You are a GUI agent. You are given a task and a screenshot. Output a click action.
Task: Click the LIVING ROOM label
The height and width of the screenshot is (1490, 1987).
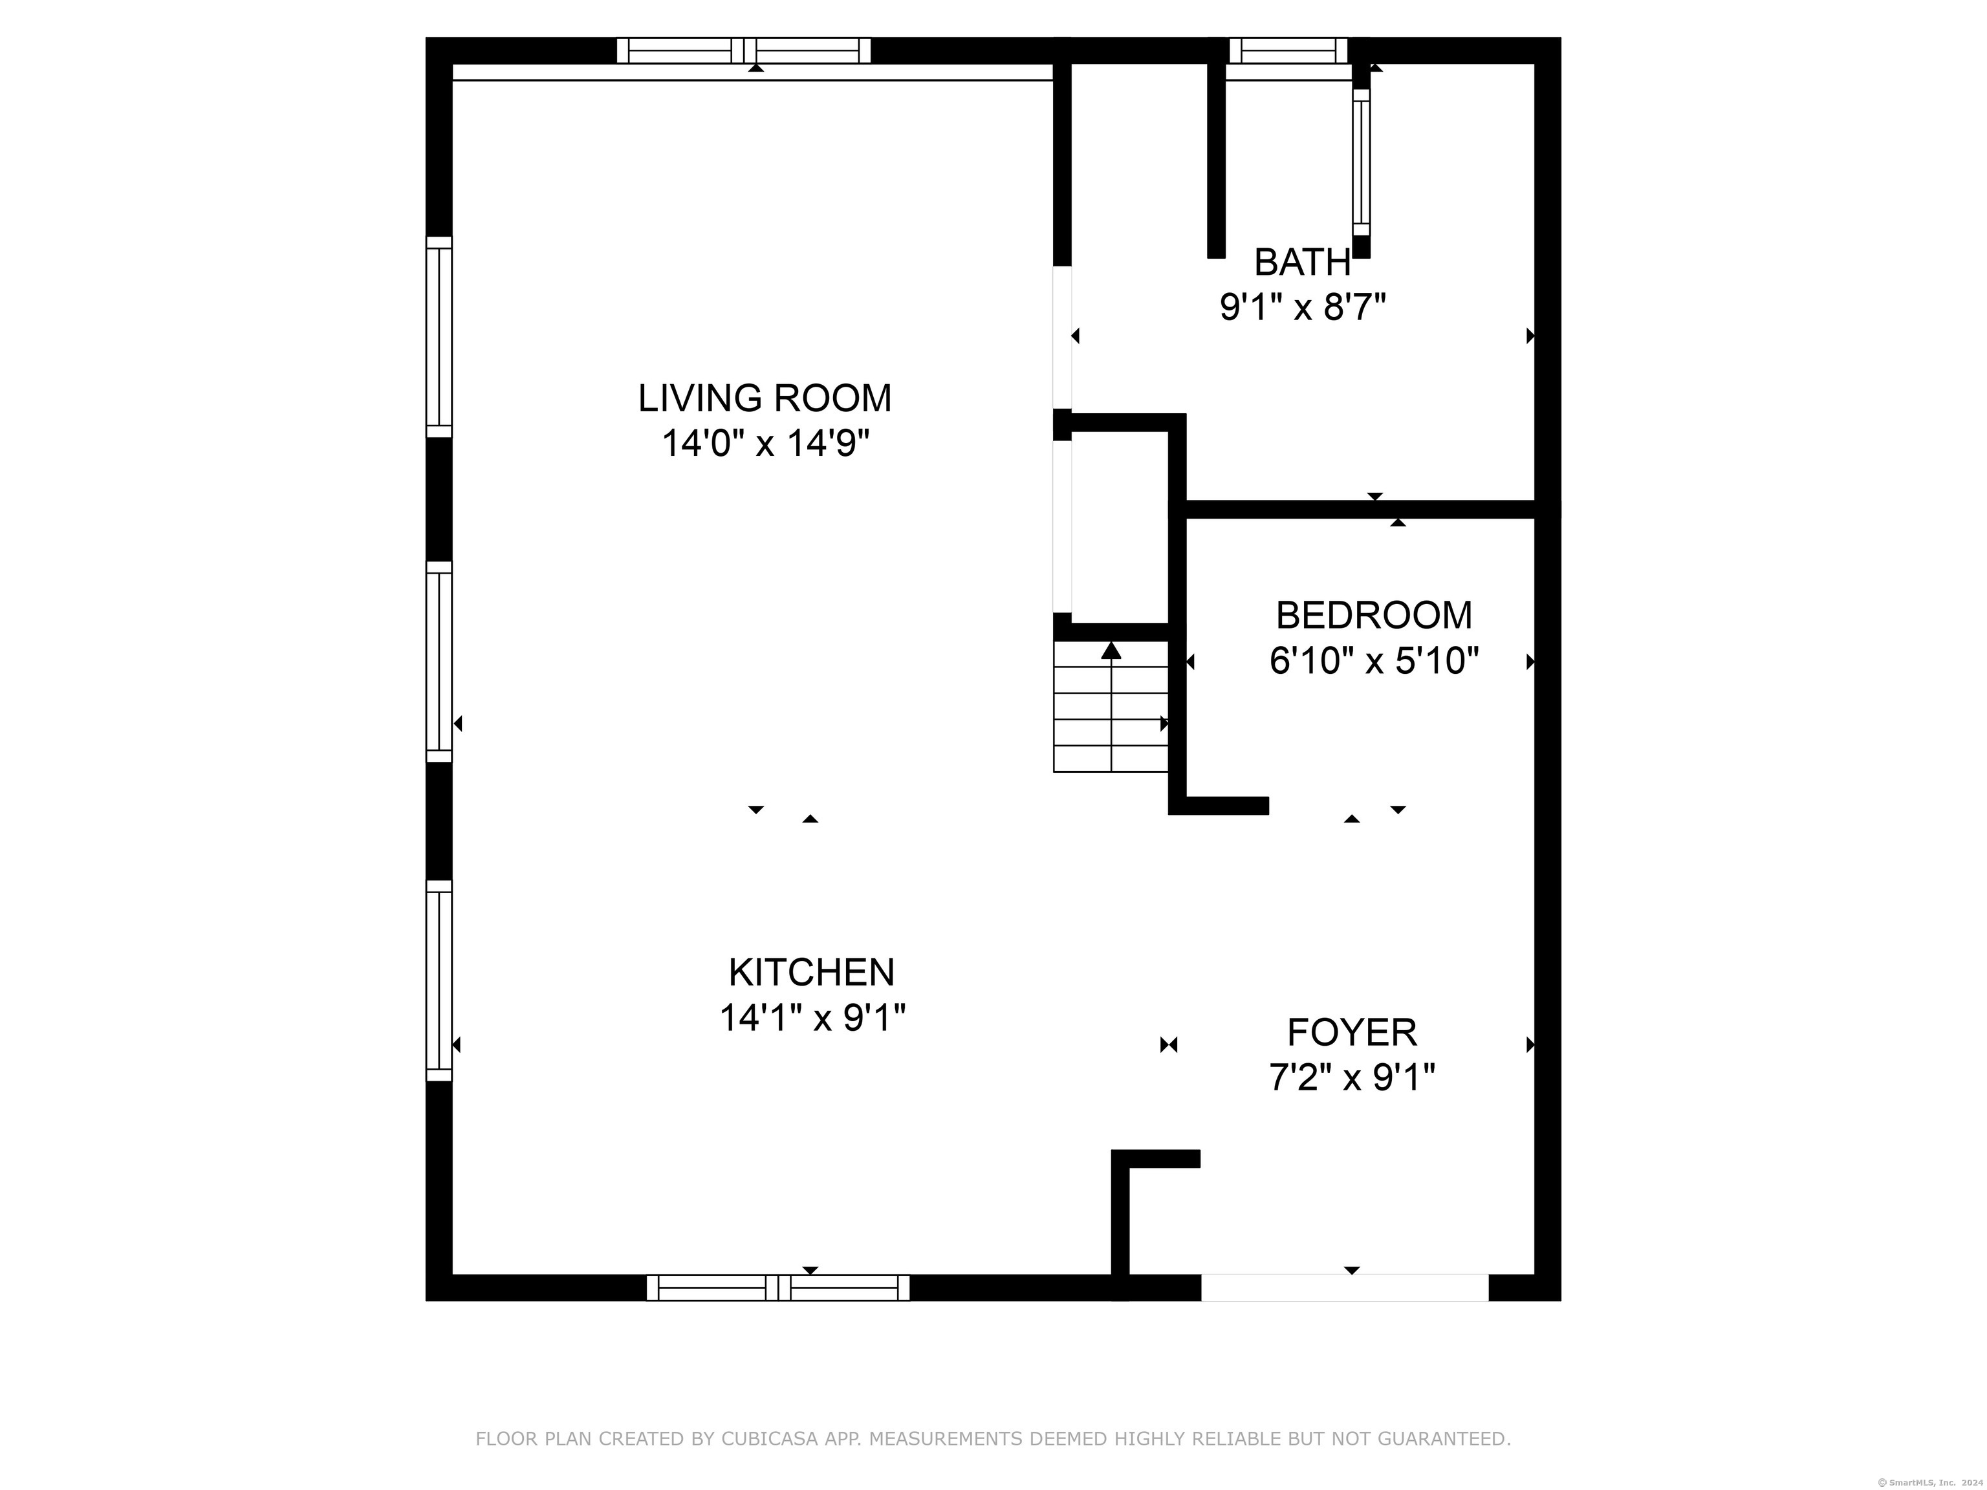pyautogui.click(x=765, y=398)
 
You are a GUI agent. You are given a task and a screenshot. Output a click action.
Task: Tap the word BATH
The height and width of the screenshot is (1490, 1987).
pyautogui.click(x=1301, y=263)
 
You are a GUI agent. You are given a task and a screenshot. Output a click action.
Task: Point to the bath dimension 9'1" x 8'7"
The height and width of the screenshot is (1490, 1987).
pyautogui.click(x=1301, y=308)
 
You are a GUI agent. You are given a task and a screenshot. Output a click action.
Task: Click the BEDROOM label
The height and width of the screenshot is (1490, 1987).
pyautogui.click(x=1373, y=615)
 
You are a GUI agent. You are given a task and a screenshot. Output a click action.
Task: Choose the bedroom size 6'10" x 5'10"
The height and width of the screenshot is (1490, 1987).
pyautogui.click(x=1373, y=662)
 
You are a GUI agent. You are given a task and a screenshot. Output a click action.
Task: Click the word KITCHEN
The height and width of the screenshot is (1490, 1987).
pyautogui.click(x=811, y=973)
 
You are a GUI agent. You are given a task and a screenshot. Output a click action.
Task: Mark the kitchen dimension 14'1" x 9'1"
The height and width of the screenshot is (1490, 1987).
pyautogui.click(x=812, y=1019)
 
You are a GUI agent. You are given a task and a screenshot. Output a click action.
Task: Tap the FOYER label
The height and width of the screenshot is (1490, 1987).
pyautogui.click(x=1352, y=1032)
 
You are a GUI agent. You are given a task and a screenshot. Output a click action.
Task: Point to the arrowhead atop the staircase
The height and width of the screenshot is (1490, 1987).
pyautogui.click(x=1111, y=650)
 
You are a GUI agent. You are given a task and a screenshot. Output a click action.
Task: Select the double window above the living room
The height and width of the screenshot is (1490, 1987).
pyautogui.click(x=744, y=50)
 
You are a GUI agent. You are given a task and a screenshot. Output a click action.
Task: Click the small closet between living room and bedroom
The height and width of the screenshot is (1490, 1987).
pyautogui.click(x=1119, y=526)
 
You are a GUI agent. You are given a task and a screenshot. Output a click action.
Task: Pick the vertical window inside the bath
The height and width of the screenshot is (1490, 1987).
pyautogui.click(x=1361, y=162)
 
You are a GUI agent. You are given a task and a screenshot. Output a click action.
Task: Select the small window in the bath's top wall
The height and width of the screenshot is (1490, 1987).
pyautogui.click(x=1288, y=50)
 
